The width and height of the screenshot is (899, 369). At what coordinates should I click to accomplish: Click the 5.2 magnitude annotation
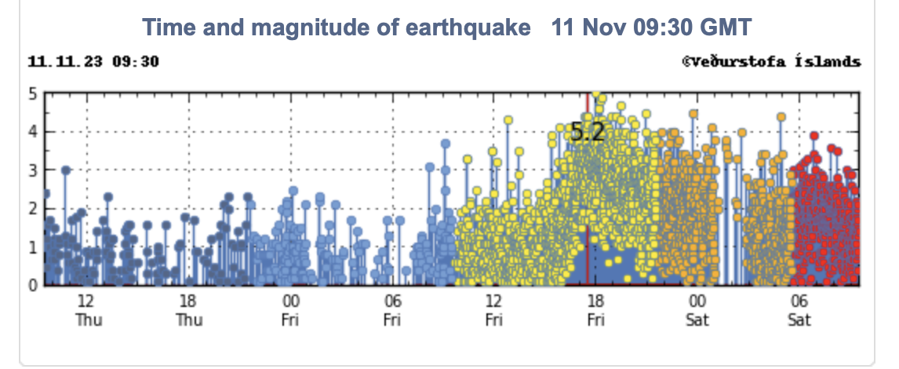(588, 132)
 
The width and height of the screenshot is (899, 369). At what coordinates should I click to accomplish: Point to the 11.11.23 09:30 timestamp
(93, 61)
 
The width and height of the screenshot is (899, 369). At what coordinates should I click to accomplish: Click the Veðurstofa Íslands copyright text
(771, 61)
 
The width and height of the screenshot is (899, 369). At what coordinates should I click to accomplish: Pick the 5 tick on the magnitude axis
(33, 93)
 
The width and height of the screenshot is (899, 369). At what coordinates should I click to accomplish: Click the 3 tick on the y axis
(33, 170)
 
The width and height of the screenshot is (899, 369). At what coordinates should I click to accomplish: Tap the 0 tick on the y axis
(33, 286)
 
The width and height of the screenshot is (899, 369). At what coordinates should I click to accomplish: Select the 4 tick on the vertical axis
(33, 132)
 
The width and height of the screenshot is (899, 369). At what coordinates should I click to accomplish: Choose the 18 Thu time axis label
(188, 310)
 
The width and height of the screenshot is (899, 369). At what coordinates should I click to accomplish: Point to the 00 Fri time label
(290, 310)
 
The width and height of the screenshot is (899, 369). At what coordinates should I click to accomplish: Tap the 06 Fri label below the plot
(392, 310)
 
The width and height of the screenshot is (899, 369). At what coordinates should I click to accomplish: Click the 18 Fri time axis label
(595, 310)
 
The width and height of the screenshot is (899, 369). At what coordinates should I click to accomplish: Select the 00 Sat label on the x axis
(697, 310)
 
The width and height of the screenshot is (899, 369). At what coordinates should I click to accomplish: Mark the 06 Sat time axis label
(799, 310)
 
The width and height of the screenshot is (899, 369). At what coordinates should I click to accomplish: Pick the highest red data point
(814, 136)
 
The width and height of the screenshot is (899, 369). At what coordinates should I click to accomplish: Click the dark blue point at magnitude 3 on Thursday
(66, 170)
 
